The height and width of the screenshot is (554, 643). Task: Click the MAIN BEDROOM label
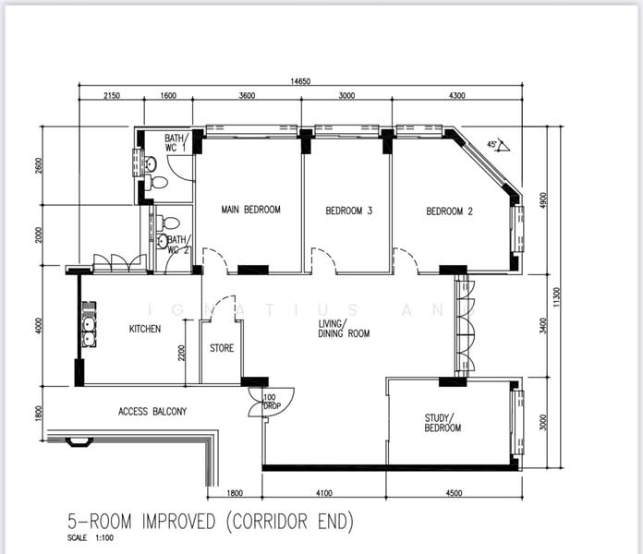[250, 211]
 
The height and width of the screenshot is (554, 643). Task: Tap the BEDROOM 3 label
[349, 211]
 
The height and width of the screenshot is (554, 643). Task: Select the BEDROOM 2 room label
[449, 211]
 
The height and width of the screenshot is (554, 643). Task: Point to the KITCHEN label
[145, 329]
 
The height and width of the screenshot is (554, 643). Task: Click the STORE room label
[222, 349]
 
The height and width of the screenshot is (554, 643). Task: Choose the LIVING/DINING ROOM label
[344, 329]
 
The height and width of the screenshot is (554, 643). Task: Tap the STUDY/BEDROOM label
[443, 423]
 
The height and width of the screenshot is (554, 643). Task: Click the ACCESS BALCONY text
[152, 412]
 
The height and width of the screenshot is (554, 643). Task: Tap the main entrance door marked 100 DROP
[272, 400]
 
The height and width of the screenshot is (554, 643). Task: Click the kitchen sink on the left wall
[89, 328]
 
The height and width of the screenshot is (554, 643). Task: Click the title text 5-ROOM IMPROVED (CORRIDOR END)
[211, 523]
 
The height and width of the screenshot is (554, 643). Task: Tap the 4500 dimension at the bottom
[454, 493]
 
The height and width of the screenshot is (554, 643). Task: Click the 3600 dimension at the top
[248, 95]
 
